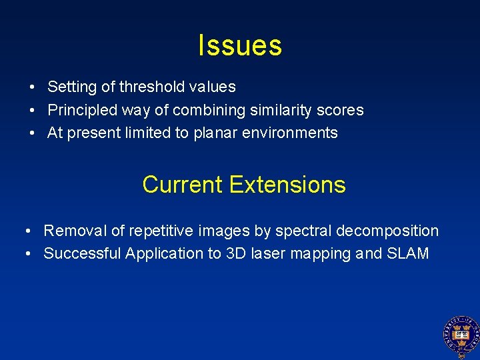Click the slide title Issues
(240, 45)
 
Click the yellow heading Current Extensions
(243, 185)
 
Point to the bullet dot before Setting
(32, 87)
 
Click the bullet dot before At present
(32, 133)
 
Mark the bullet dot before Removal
(28, 231)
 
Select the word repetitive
(159, 231)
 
